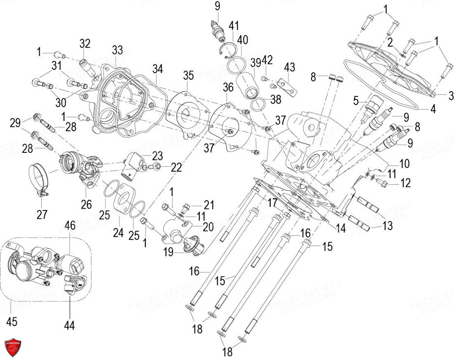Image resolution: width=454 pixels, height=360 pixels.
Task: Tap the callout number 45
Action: point(12,322)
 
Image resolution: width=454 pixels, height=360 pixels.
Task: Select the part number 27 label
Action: point(42,214)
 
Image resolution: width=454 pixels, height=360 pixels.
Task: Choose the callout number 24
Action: point(118,232)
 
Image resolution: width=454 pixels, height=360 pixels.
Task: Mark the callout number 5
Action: point(355,102)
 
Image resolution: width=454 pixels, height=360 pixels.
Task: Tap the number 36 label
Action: point(228,88)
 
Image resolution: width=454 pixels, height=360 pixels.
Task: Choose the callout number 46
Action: point(70,227)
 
